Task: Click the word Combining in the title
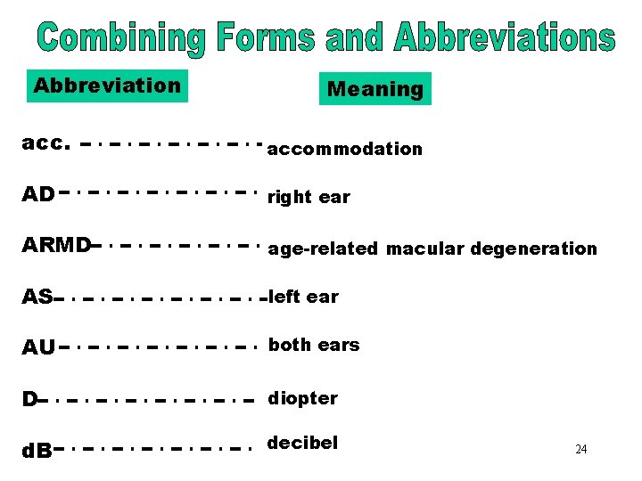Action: coord(123,38)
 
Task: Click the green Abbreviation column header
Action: coord(107,86)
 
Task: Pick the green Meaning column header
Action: coord(375,89)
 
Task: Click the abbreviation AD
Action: coord(38,194)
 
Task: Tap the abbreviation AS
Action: coord(37,297)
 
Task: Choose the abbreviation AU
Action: coord(38,347)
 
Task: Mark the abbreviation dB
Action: coord(37,451)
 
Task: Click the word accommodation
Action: coord(344,149)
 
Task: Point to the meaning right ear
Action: coord(309,198)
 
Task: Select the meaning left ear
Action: coord(304,297)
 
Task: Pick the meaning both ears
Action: coord(314,345)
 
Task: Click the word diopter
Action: coord(303,398)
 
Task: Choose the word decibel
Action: coord(302,443)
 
